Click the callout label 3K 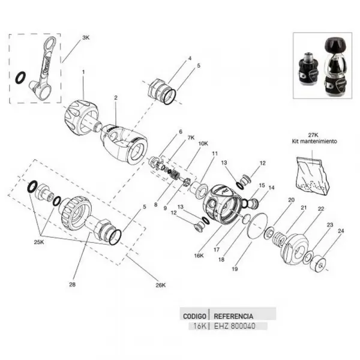click(x=86, y=38)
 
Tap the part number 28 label click(x=72, y=284)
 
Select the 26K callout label click(x=160, y=285)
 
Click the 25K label click(x=39, y=242)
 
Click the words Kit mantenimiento click(x=314, y=141)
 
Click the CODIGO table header click(x=194, y=316)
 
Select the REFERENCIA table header click(x=233, y=316)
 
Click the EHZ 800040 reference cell click(x=235, y=326)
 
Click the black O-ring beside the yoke click(x=20, y=77)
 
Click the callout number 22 click(x=321, y=209)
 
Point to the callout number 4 click(x=190, y=58)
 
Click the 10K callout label click(x=203, y=143)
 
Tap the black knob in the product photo click(x=335, y=45)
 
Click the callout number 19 click(x=235, y=269)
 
